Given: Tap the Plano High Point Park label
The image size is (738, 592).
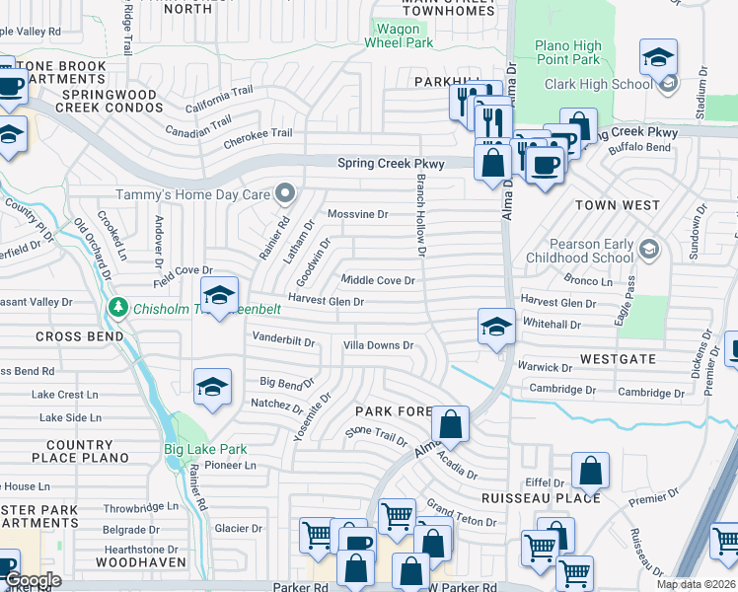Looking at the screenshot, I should click(567, 52).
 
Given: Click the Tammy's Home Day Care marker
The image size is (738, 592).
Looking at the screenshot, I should click(285, 192).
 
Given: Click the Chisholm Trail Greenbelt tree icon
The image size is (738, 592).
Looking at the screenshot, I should click(117, 307).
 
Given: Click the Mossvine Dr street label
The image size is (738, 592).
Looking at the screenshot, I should click(357, 214).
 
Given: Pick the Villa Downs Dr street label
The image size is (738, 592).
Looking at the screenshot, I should click(377, 345).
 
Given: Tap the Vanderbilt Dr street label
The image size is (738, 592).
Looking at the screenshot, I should click(283, 341).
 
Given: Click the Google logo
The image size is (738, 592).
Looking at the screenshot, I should click(33, 580).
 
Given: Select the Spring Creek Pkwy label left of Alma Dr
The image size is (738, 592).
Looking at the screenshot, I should click(391, 164).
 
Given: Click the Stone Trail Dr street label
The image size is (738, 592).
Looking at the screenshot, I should click(376, 436).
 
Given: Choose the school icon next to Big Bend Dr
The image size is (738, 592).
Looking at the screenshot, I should click(212, 388).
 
